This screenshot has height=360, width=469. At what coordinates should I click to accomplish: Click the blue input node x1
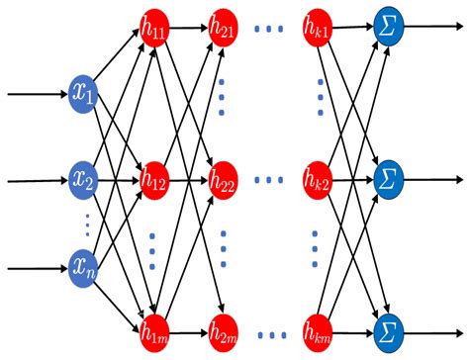coord(83,96)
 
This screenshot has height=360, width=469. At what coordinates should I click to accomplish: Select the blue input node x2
coord(83,181)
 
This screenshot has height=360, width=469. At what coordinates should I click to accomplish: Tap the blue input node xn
coord(83,266)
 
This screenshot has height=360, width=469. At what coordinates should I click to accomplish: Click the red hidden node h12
coord(153,181)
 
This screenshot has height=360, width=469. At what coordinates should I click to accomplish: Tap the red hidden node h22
coord(223,181)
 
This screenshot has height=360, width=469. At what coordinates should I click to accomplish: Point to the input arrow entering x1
coord(35,96)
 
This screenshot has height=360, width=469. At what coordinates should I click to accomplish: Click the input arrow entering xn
coord(35,266)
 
